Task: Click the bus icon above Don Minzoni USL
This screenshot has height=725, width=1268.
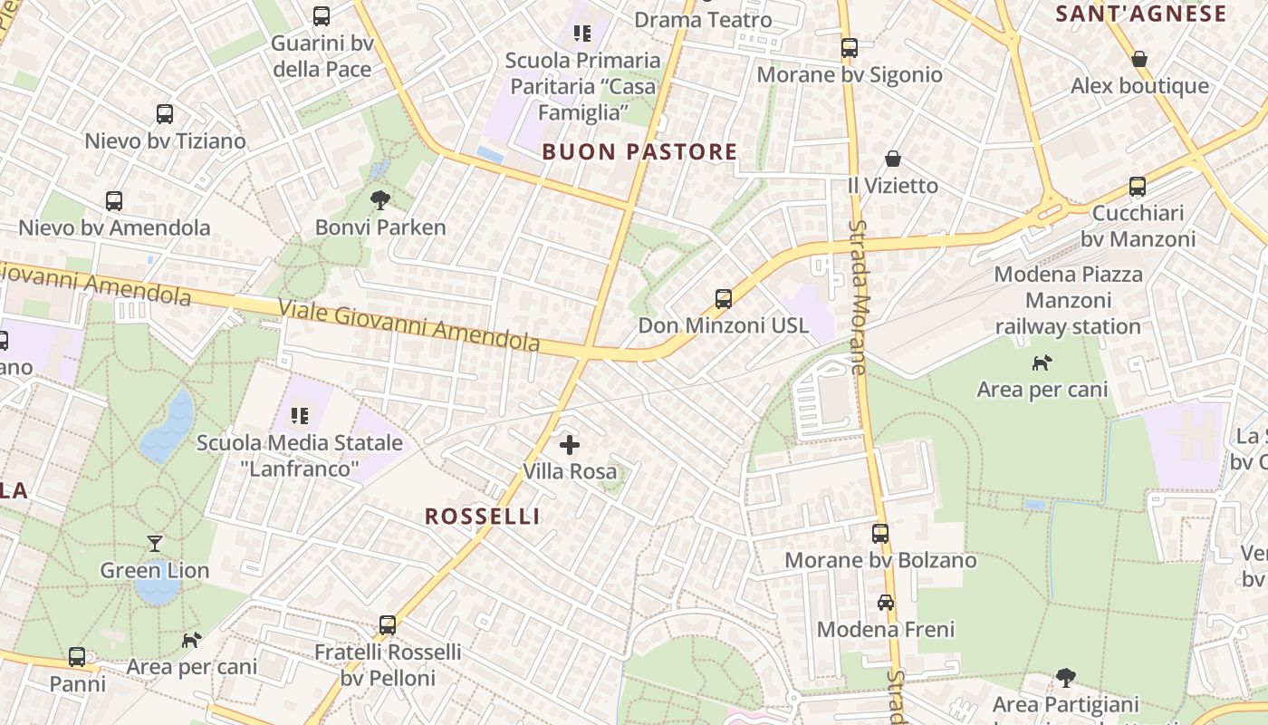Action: click(723, 298)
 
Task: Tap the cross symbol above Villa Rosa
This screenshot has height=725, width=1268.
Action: click(570, 444)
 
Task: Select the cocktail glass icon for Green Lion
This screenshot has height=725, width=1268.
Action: click(155, 543)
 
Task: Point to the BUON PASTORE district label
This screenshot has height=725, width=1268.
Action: click(639, 151)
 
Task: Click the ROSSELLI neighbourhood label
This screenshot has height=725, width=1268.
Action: click(483, 516)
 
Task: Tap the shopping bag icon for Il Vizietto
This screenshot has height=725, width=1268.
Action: click(893, 159)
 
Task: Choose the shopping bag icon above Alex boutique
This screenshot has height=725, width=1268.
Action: click(1139, 59)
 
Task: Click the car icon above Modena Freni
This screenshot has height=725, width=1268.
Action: click(885, 602)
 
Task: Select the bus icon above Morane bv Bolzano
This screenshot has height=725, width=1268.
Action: click(880, 533)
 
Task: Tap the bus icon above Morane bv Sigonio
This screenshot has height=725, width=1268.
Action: click(849, 47)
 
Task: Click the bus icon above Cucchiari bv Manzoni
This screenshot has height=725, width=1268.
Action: click(1138, 187)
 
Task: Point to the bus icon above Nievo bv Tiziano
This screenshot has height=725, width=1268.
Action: click(165, 114)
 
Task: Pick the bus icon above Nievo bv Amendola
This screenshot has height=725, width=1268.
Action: click(114, 200)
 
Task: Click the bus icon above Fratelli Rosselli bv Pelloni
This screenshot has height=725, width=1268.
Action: click(388, 624)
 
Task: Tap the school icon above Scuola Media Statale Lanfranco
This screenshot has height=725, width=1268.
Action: click(300, 416)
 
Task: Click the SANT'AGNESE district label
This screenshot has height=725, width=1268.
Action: click(1141, 14)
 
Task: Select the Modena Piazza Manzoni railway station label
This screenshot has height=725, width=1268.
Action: click(1069, 300)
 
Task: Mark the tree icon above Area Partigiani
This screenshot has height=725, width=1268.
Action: click(1066, 677)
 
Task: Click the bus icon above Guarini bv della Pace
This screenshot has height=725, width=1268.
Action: click(322, 15)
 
